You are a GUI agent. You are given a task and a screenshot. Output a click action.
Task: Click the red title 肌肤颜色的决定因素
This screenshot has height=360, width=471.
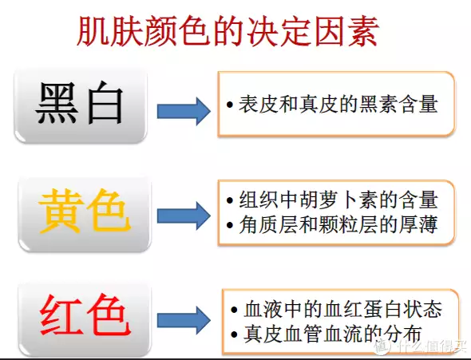pos(227,32)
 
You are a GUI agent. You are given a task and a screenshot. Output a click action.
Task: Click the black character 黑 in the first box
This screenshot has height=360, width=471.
pos(57,103)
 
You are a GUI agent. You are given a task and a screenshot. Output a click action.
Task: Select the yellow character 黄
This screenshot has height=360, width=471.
pos(61,212)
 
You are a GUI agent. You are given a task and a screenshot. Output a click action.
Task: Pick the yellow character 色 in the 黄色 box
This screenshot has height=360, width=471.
pos(109,212)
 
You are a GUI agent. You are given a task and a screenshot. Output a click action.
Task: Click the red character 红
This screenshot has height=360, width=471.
pos(62,315)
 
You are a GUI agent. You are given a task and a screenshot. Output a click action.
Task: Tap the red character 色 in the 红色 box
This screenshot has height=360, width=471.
pos(109,315)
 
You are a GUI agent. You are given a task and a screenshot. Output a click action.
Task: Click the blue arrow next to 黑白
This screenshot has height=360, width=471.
pos(184,111)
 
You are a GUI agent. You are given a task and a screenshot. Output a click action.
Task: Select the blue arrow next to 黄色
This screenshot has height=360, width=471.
pos(184,216)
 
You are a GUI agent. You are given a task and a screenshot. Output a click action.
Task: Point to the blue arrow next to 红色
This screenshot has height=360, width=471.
pos(184,320)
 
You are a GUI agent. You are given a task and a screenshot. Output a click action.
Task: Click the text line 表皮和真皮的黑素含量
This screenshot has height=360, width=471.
pos(338,105)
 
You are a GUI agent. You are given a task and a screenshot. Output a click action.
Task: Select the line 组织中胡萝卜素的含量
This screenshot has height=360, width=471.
pos(338,200)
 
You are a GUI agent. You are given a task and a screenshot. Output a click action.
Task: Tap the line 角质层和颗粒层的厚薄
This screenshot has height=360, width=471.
pos(338,224)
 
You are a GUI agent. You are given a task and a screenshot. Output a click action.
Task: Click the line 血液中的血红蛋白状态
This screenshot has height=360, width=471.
pos(342,309)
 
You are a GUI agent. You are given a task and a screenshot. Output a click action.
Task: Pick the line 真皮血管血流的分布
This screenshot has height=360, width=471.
pos(333,334)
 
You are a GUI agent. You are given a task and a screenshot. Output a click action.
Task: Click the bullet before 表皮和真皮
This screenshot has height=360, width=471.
pos(230,105)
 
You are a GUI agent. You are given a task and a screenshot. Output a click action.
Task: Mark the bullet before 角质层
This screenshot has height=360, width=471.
pos(230,225)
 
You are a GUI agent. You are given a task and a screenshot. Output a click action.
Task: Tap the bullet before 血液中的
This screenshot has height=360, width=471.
pos(234,310)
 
